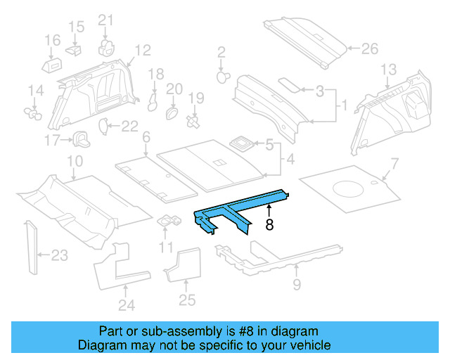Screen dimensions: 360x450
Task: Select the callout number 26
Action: pyautogui.click(x=369, y=49)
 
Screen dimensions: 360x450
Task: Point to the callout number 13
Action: pyautogui.click(x=389, y=69)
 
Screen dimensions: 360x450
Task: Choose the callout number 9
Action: pyautogui.click(x=296, y=284)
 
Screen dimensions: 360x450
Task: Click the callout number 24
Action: pyautogui.click(x=126, y=305)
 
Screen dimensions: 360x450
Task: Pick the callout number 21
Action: pyautogui.click(x=105, y=20)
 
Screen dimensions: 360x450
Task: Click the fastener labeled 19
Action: pyautogui.click(x=193, y=122)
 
